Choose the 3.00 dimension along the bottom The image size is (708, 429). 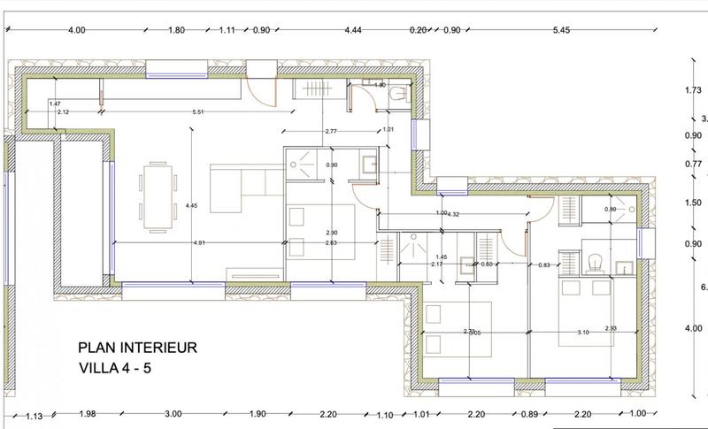(x=173, y=414)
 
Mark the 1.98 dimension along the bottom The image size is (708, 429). (x=86, y=414)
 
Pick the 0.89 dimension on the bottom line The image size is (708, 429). (x=529, y=414)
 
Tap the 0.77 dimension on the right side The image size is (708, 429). (x=693, y=165)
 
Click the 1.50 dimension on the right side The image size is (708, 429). (x=693, y=203)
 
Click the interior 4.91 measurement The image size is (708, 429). (x=199, y=241)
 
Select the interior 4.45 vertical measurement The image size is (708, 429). (x=190, y=205)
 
